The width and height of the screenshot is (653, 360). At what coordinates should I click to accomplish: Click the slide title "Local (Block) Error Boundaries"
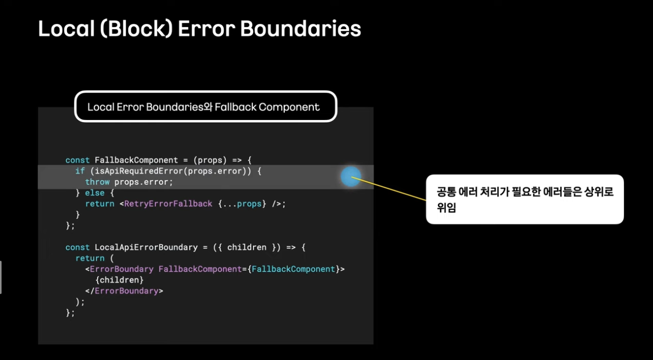(x=199, y=29)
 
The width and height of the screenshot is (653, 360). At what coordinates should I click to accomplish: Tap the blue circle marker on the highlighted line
(x=351, y=177)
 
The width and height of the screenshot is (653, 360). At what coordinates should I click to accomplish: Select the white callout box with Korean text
(x=525, y=199)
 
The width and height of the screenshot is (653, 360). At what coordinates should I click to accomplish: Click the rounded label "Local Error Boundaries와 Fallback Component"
(x=204, y=107)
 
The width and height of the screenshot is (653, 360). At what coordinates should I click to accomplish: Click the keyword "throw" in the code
(x=97, y=182)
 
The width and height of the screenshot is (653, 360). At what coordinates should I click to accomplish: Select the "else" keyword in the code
(x=95, y=193)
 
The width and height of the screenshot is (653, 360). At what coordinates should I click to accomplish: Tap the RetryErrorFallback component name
(x=168, y=204)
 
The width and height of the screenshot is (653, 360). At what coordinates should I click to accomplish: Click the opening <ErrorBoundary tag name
(x=122, y=269)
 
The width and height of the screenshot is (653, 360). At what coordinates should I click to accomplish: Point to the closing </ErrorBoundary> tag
(x=124, y=291)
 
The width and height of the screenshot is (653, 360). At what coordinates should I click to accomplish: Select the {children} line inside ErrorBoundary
(x=119, y=280)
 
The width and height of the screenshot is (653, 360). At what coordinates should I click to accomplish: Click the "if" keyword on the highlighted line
(x=80, y=171)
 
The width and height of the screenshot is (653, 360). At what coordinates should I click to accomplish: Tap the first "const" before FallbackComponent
(x=77, y=160)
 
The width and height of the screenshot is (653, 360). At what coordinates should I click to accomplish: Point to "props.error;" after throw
(x=143, y=182)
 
